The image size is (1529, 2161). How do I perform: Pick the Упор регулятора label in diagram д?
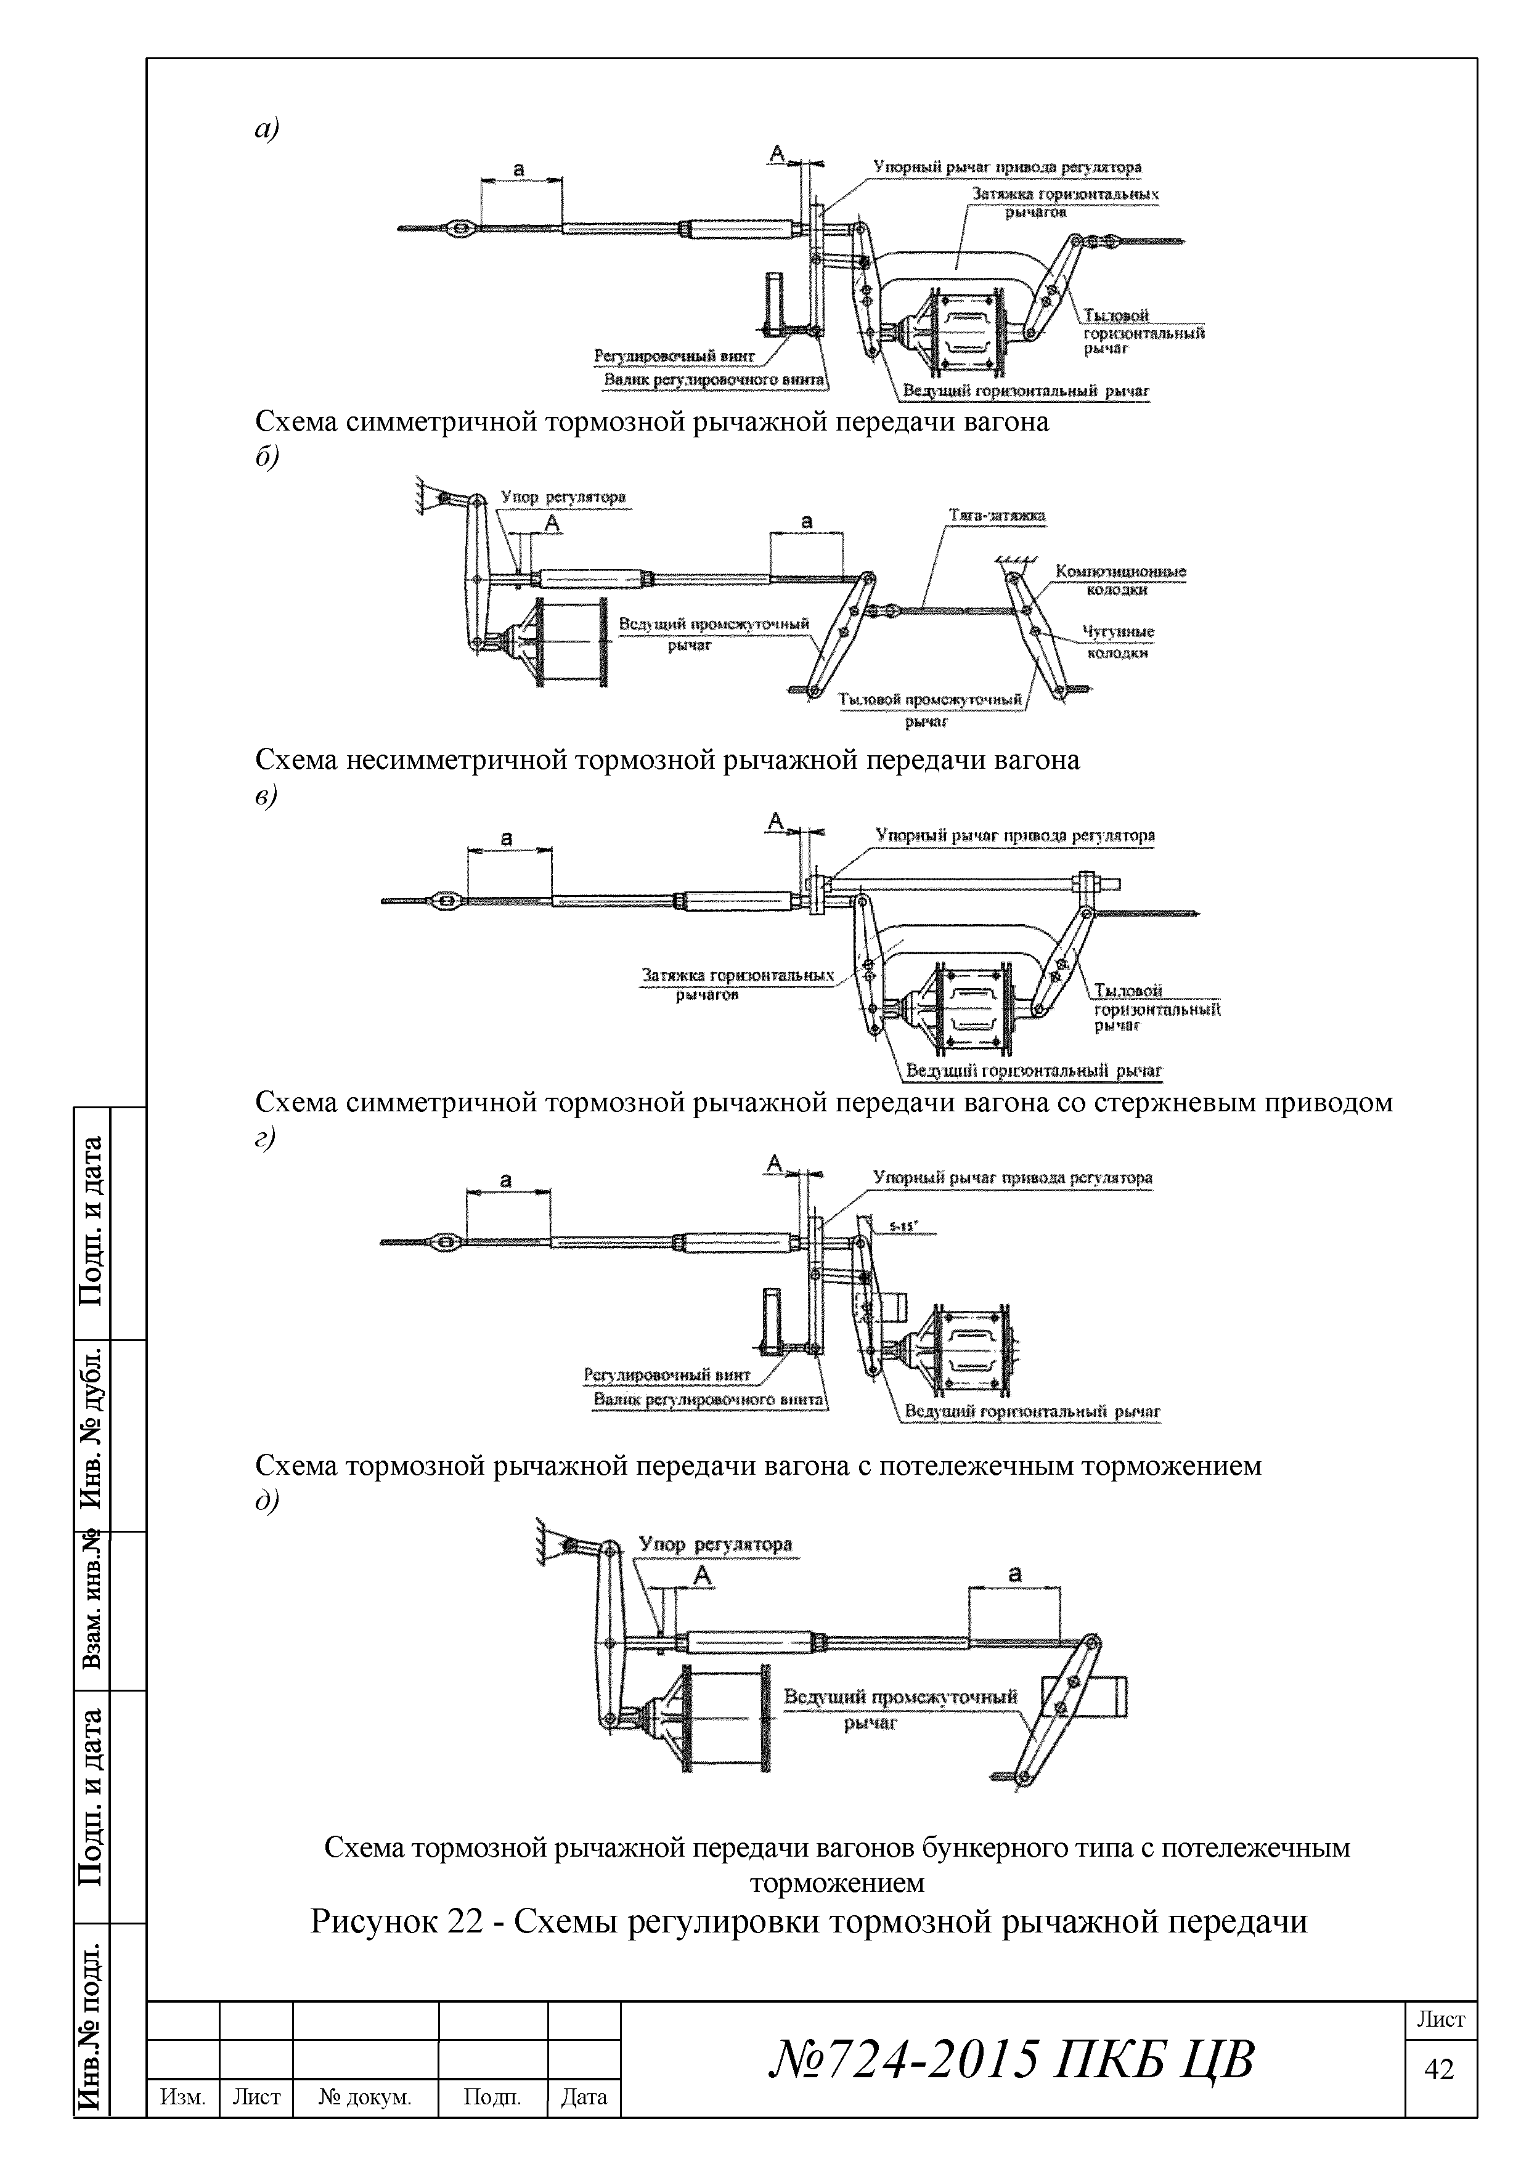(x=716, y=1544)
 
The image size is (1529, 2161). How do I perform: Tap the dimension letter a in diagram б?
(x=806, y=521)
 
